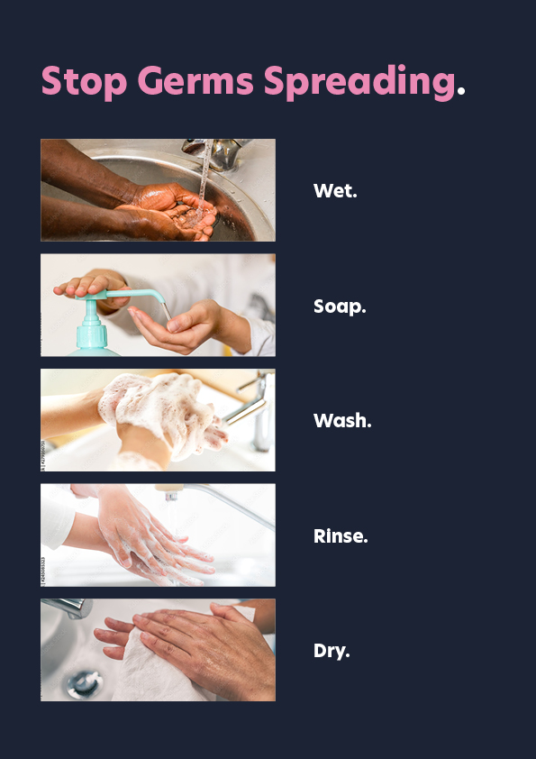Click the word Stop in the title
[x=84, y=82]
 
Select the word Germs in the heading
[x=195, y=81]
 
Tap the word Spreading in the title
[x=359, y=82]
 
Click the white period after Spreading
[x=460, y=90]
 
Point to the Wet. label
[x=335, y=191]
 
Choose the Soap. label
[x=340, y=306]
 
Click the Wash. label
[x=342, y=421]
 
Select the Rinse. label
[x=341, y=535]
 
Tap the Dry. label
[x=332, y=651]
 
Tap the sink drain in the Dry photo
[x=85, y=684]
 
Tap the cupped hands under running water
[x=169, y=213]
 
